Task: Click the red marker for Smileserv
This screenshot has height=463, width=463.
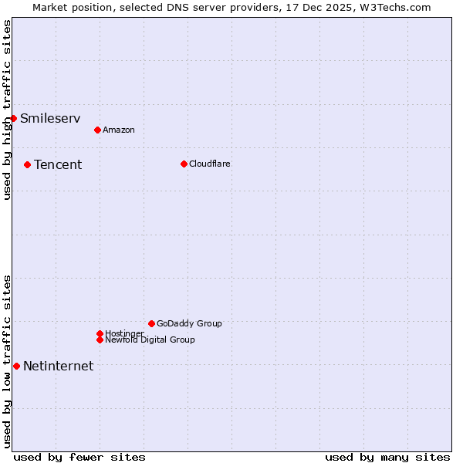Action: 14,118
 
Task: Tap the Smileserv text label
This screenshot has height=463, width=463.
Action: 50,119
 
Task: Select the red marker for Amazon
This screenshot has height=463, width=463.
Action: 97,130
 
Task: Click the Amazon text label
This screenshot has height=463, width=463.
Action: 118,130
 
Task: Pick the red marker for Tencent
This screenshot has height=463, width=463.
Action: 27,164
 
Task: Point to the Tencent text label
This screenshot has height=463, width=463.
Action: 58,165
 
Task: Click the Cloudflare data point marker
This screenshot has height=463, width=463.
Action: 184,164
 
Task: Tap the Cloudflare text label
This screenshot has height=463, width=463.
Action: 209,164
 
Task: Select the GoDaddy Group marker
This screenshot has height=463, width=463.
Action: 151,323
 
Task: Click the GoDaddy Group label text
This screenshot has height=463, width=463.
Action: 189,324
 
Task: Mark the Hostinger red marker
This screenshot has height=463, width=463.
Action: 100,333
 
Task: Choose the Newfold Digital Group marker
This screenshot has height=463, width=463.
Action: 100,340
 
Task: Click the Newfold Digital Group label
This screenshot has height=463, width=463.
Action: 150,340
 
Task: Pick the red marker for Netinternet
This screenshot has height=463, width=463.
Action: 16,366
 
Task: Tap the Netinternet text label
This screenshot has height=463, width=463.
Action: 58,367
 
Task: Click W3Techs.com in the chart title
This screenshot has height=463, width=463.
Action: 394,7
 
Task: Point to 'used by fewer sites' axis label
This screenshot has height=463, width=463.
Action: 79,458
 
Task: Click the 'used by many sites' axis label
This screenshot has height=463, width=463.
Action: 387,458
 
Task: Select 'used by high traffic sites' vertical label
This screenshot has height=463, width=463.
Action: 7,110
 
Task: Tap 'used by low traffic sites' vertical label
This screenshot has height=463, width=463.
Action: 7,360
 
